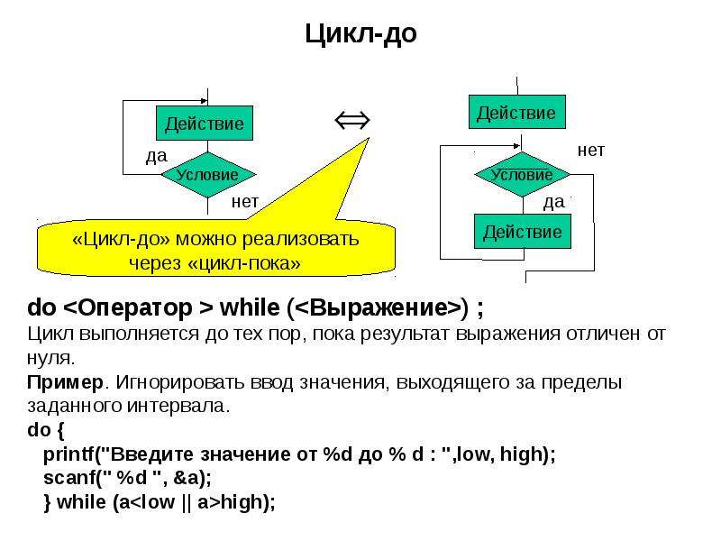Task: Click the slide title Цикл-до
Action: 361,33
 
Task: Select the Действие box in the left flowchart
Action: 205,123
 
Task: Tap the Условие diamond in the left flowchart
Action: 208,175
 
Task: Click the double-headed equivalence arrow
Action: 352,121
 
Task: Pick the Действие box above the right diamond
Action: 516,112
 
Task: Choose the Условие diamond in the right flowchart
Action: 522,175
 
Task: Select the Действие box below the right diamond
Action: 523,232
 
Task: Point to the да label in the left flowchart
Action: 157,156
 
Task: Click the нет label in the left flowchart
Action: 245,201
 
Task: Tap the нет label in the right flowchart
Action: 591,150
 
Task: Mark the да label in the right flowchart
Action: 554,202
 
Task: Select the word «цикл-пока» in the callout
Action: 244,263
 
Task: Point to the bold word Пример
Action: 65,382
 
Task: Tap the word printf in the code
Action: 68,454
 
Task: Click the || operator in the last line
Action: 186,502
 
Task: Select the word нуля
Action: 50,358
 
